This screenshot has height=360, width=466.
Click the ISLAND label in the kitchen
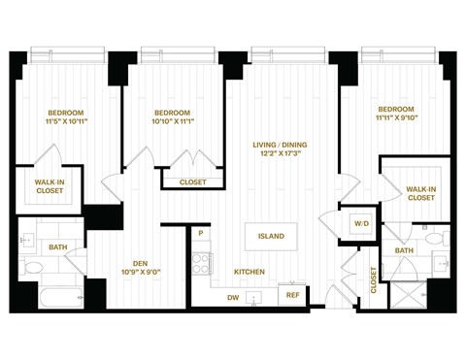271,236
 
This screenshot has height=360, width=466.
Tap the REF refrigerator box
292,295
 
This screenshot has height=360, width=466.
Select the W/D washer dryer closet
361,224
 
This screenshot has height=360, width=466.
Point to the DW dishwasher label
233,297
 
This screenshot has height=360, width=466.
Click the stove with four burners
202,263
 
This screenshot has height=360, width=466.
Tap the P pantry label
200,234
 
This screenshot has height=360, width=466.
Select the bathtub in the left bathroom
52,295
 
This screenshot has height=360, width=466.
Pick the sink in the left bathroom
30,238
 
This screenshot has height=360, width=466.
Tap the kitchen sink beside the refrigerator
255,298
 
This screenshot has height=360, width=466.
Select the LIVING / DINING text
281,145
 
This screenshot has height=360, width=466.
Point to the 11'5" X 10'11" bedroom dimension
66,121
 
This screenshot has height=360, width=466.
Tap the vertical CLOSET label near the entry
374,279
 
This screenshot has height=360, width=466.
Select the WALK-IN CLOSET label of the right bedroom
420,193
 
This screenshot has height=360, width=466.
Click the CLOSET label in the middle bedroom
192,181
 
